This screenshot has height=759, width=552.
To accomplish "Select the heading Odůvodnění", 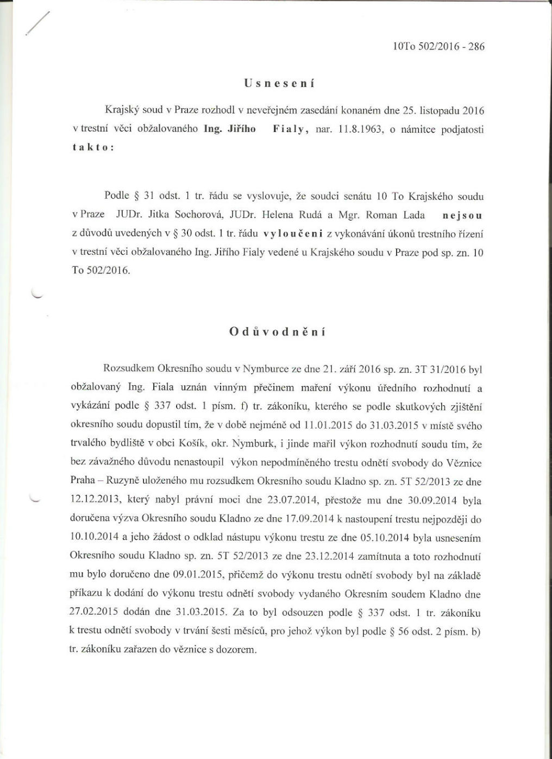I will pyautogui.click(x=278, y=332).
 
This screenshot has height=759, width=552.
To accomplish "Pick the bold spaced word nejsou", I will pyautogui.click(x=462, y=215).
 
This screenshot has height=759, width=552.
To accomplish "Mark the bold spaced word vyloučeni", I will pyautogui.click(x=293, y=234).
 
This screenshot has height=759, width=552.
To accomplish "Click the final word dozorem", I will pyautogui.click(x=235, y=650).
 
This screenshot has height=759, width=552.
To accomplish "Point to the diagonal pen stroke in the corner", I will pyautogui.click(x=39, y=24).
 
